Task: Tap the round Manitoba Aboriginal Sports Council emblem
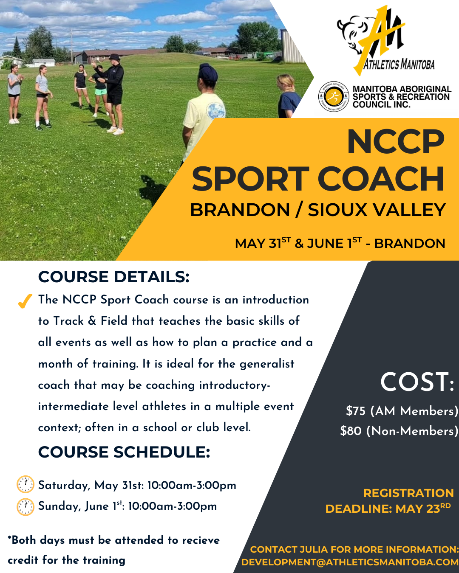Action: click(334, 96)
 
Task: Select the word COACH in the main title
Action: click(381, 179)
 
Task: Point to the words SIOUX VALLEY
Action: click(377, 210)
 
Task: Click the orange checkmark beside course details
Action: click(25, 301)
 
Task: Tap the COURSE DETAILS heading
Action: click(113, 277)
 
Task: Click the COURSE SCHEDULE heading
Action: click(124, 452)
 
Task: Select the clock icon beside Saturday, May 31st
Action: click(25, 484)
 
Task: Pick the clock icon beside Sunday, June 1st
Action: click(25, 507)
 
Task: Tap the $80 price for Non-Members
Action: click(351, 431)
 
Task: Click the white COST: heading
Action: click(417, 382)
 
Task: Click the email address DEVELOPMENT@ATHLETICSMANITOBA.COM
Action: click(350, 562)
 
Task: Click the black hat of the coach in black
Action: click(115, 57)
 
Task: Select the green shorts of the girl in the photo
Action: click(101, 92)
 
